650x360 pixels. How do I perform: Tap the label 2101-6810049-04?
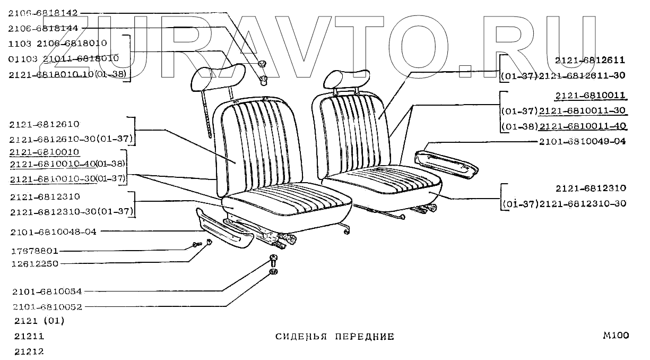point(582,141)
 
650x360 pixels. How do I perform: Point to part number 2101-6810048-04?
point(53,232)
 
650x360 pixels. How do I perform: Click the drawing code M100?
point(616,335)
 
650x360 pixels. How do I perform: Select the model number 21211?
point(29,336)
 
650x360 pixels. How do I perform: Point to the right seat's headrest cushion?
point(345,79)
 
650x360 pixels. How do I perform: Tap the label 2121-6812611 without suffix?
point(590,61)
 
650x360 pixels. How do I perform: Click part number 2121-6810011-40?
point(582,126)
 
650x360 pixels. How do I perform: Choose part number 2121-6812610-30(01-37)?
point(70,139)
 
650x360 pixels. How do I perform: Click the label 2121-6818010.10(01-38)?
point(67,74)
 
